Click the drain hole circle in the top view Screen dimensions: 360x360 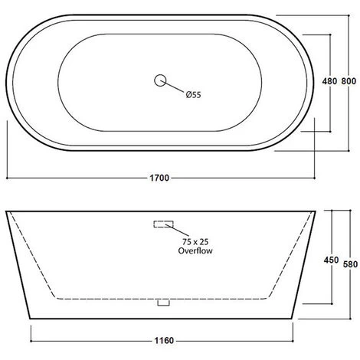161,80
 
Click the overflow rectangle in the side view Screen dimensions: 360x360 164,224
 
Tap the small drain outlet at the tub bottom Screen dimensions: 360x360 162,303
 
